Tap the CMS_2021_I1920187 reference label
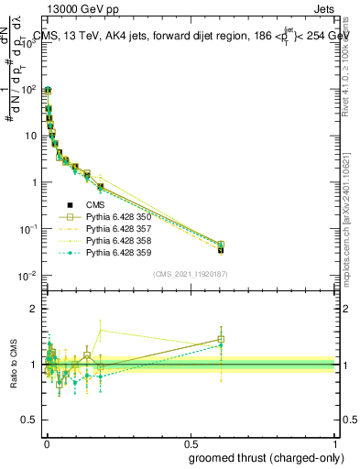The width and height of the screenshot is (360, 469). [x=191, y=274]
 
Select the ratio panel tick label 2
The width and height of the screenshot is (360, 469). [x=35, y=309]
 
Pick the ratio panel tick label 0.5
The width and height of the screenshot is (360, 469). [x=31, y=420]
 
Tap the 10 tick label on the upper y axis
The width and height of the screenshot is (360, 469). [x=31, y=136]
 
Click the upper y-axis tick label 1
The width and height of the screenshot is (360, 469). [x=35, y=182]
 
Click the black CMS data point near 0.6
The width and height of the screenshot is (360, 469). [x=221, y=249]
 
